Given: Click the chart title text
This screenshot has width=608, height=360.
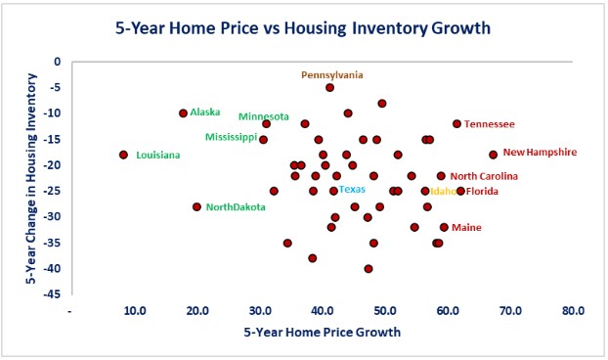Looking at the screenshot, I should coord(303,27).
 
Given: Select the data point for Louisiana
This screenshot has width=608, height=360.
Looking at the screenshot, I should coord(124,155).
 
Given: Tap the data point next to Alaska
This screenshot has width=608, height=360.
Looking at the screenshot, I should coord(184,113).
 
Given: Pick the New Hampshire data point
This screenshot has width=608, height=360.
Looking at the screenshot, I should coord(493,155).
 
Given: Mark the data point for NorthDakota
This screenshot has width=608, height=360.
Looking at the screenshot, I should coord(197,206).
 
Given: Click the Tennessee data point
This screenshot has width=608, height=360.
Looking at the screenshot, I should coord(456,124).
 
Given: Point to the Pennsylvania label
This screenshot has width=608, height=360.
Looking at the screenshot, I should coord(331,74).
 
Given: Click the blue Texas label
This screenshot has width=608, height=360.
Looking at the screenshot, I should coord(352,189).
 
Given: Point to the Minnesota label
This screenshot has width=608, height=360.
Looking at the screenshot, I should coord(263,116).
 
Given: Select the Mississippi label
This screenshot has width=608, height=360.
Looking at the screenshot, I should coord(231,137).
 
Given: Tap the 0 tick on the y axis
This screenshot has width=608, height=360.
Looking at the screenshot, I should coord(58,62).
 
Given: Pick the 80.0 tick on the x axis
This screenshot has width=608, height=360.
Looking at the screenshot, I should coord(574,310).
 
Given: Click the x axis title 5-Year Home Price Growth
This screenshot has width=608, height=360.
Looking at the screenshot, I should coord(322,333).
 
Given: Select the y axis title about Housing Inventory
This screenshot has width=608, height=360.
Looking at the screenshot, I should coord(31,176).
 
